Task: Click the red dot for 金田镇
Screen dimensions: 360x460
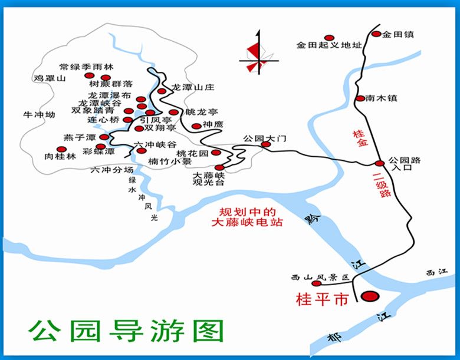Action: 376,34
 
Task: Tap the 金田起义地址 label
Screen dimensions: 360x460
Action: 328,45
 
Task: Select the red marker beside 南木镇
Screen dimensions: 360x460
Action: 360,98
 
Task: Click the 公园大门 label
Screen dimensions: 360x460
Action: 264,138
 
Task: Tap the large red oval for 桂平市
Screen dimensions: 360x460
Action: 370,296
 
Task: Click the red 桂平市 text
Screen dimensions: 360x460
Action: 322,299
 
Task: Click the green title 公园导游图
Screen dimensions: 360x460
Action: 126,331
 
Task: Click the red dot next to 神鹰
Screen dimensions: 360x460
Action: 196,125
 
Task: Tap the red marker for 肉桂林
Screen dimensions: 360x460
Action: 60,150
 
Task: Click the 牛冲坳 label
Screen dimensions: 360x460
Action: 38,114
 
